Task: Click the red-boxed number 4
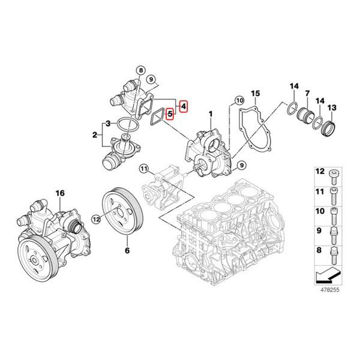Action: tap(184, 106)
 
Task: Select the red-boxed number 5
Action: tap(170, 112)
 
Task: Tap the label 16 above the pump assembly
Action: tap(59, 193)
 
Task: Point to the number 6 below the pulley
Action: tap(127, 247)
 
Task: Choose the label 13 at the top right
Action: tap(331, 107)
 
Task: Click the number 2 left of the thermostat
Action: tap(94, 136)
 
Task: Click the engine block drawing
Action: tap(234, 234)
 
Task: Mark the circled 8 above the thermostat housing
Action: tap(140, 70)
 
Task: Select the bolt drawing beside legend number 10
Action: tap(334, 212)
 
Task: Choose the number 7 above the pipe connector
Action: tap(307, 94)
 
